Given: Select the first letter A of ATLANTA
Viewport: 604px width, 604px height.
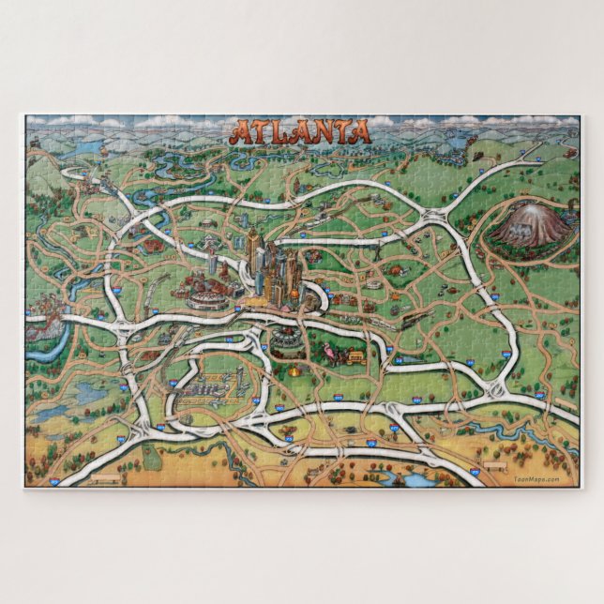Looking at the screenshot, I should pyautogui.click(x=240, y=132).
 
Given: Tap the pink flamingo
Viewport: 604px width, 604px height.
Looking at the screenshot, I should pyautogui.click(x=327, y=353).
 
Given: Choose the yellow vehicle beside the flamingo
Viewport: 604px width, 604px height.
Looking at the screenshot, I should pyautogui.click(x=355, y=355).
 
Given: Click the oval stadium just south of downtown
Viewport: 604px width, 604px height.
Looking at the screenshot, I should pyautogui.click(x=287, y=335).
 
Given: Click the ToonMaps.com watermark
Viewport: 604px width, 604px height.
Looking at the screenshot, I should pyautogui.click(x=536, y=479).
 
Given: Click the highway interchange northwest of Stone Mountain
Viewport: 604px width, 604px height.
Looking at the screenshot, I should pyautogui.click(x=435, y=219).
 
